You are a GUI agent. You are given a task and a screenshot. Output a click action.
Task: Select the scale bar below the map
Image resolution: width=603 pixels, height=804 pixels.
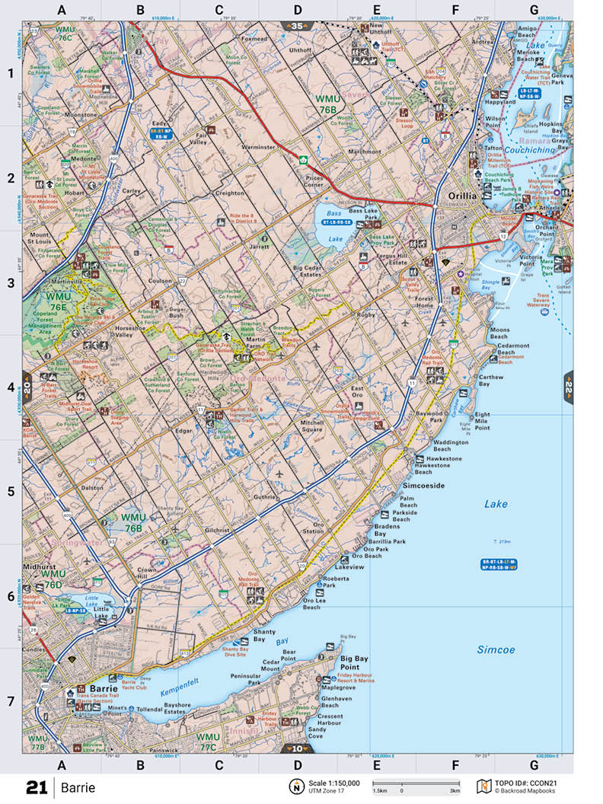[x=416, y=783]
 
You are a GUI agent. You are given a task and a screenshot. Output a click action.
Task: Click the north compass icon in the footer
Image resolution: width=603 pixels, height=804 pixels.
[x=294, y=786]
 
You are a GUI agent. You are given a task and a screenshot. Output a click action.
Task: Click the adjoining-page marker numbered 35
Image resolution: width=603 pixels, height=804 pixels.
[x=297, y=27]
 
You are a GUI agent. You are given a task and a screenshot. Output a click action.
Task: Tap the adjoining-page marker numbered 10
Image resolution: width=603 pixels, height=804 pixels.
[x=297, y=749]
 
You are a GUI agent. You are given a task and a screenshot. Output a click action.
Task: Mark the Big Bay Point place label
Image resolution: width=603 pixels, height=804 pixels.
[x=355, y=662]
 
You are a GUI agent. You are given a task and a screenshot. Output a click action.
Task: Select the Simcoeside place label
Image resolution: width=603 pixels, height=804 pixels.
[x=423, y=485]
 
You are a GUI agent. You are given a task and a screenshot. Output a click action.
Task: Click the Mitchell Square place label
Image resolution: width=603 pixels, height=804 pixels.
[x=311, y=426]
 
